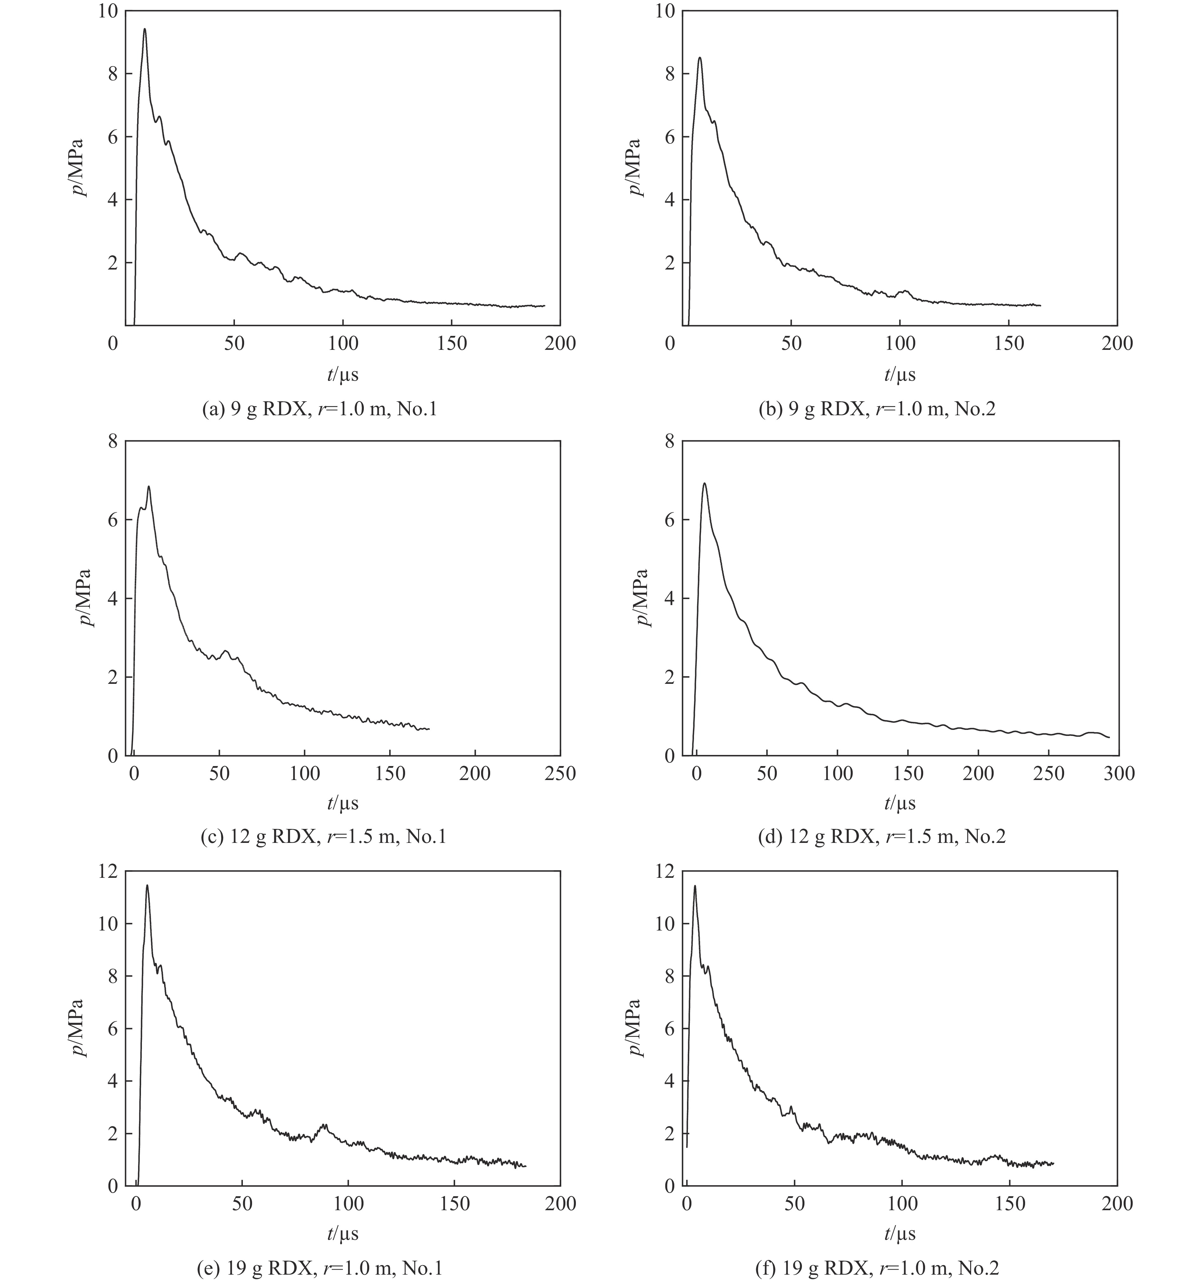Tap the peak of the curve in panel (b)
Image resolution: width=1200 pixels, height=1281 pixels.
click(699, 58)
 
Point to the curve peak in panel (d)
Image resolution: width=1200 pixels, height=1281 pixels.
click(704, 483)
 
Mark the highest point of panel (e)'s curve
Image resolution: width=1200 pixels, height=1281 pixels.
click(147, 885)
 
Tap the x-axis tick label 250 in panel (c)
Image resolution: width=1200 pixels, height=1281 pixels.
click(559, 773)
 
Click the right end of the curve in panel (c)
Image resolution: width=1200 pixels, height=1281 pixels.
click(429, 729)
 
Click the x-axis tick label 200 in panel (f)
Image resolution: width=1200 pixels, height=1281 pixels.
click(1117, 1204)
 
